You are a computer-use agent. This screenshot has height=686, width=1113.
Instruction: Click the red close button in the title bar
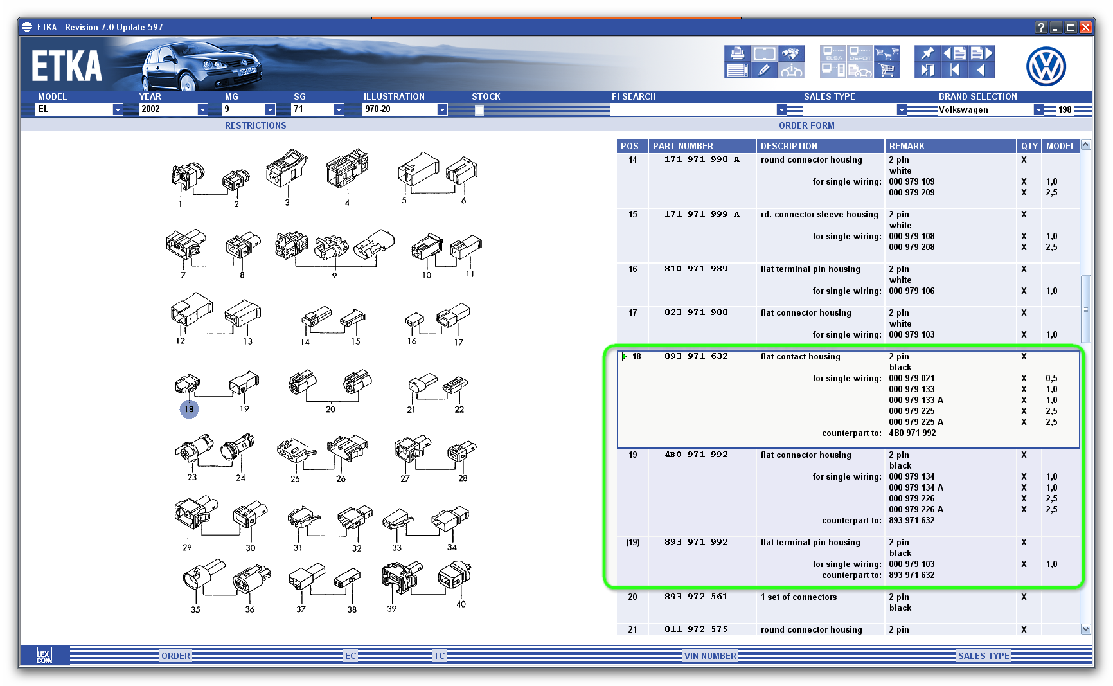(1085, 27)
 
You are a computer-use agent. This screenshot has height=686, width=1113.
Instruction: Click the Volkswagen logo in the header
(1046, 66)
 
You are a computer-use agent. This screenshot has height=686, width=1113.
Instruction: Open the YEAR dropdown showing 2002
(202, 109)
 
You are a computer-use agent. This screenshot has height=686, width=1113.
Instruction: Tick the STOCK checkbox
(479, 110)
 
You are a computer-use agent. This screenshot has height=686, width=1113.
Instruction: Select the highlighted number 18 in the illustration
(189, 409)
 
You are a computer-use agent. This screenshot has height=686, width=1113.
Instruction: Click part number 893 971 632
(696, 356)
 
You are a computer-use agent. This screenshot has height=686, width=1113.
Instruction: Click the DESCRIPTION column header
(788, 146)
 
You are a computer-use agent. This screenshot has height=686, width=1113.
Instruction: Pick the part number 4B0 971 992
(696, 455)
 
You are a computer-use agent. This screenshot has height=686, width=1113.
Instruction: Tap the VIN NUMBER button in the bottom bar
(710, 656)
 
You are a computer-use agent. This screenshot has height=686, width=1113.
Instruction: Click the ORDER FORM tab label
(806, 125)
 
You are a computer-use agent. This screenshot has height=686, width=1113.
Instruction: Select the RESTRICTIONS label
(255, 125)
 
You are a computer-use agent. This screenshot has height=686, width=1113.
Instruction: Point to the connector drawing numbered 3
(287, 168)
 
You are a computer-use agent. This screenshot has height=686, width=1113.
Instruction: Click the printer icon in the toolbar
(737, 53)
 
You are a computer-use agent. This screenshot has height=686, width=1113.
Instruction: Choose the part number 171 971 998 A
(702, 159)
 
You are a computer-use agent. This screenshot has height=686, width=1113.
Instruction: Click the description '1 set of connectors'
(799, 597)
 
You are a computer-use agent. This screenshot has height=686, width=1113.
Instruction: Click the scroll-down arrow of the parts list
(1086, 629)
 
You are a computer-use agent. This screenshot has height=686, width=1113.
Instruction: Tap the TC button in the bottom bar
(439, 656)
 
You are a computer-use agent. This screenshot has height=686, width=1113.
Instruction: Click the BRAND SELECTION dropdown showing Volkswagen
(1038, 110)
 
